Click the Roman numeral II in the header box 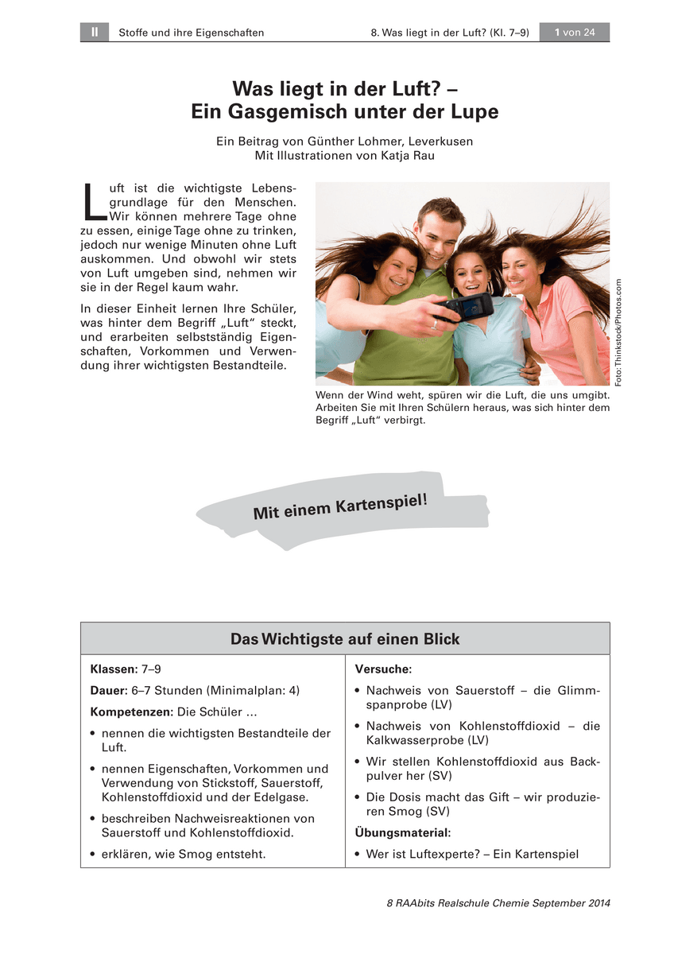tap(95, 33)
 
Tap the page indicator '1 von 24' tap(574, 33)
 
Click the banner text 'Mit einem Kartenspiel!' tap(340, 506)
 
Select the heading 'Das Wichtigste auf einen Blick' tap(345, 639)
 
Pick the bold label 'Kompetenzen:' tap(132, 712)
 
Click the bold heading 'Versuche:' tap(383, 670)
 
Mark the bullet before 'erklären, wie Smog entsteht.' tap(94, 855)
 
